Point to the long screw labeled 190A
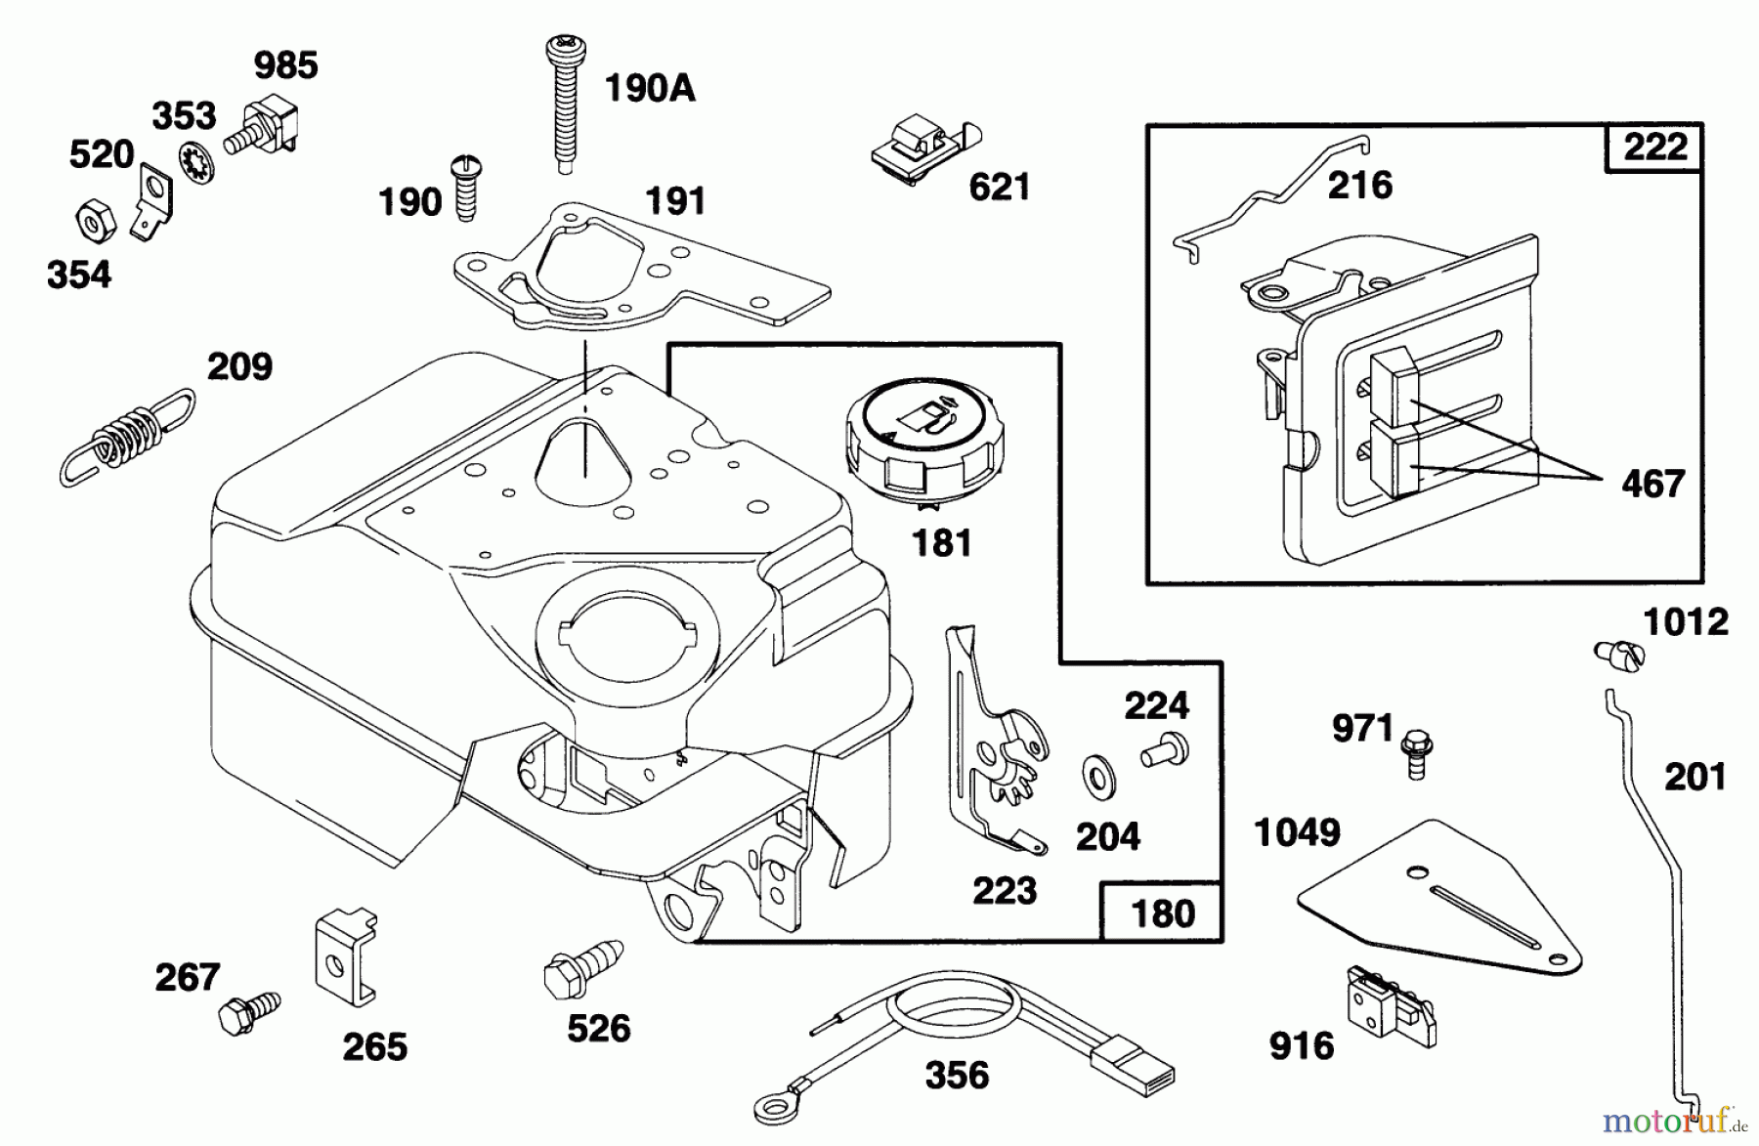(x=561, y=103)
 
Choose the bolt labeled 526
(x=580, y=963)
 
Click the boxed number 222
(x=1654, y=149)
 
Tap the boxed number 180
(x=1162, y=913)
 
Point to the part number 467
(x=1652, y=484)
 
